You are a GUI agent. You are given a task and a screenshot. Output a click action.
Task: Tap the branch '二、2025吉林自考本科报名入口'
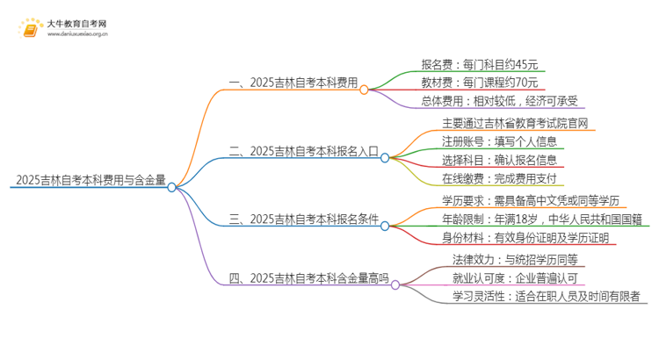point(302,151)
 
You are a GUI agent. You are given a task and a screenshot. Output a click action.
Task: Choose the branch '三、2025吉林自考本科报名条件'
point(302,219)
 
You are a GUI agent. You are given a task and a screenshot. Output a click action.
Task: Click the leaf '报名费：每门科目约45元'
point(479,64)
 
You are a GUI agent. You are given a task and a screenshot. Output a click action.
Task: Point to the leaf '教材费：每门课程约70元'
point(479,83)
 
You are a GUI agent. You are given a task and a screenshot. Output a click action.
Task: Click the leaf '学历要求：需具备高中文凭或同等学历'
point(532,200)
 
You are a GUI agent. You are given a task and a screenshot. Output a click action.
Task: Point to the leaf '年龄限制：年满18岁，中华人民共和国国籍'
point(540,220)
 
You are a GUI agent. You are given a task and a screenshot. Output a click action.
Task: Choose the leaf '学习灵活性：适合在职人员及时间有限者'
point(545,296)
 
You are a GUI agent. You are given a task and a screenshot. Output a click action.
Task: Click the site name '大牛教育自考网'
point(77,23)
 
